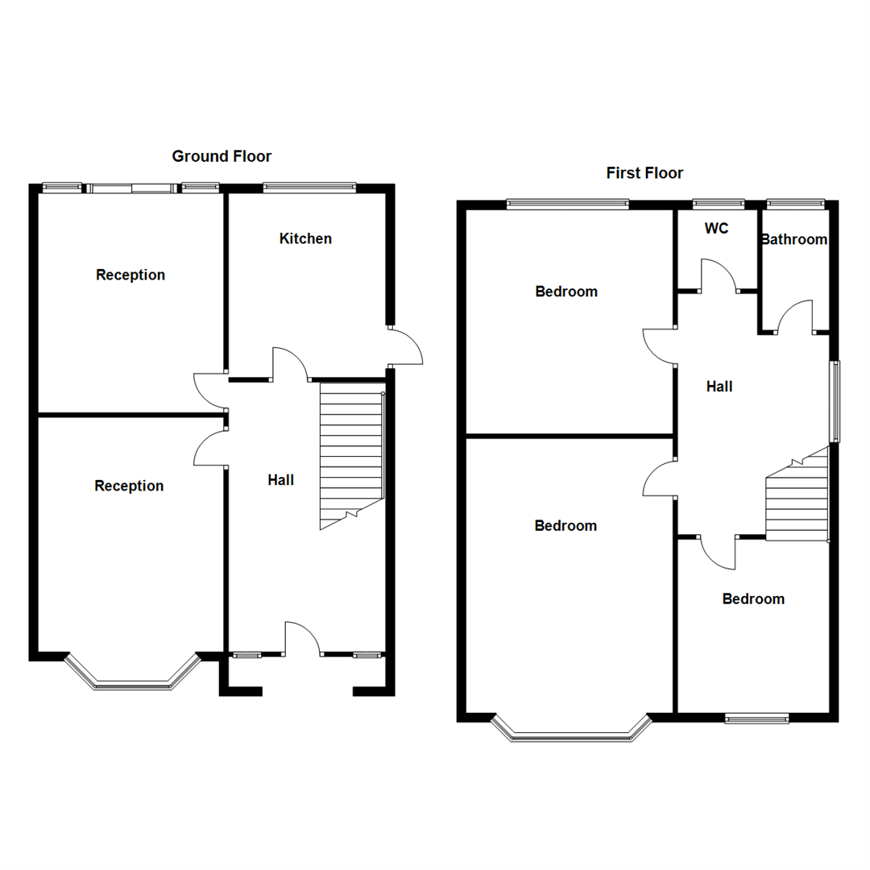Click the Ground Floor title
pos(222,156)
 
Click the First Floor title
pos(644,173)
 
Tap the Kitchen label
pos(305,238)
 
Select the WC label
pos(716,229)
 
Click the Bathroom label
pos(794,239)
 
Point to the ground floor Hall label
pos(280,480)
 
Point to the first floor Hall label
pos(719,387)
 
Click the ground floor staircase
pos(351,455)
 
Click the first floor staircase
pos(797,499)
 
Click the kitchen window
pos(309,188)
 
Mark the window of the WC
pos(719,205)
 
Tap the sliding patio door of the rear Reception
pos(131,188)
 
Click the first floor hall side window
pos(835,401)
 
